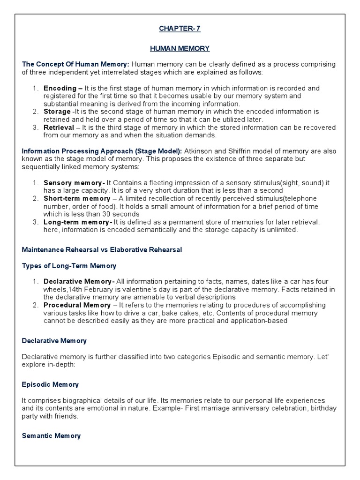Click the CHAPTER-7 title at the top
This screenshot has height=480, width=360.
(180, 29)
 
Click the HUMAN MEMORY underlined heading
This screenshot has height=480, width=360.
(180, 48)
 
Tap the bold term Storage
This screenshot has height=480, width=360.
(57, 112)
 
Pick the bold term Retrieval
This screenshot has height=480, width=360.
(59, 127)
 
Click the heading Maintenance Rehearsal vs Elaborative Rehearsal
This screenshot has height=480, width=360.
(102, 250)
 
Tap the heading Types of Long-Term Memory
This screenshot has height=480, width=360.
(69, 266)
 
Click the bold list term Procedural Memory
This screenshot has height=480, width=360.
(77, 305)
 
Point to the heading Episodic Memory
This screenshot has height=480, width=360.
(50, 384)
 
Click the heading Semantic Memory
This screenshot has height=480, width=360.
(51, 436)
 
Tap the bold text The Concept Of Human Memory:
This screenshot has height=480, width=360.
(75, 64)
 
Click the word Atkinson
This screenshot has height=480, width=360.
(200, 151)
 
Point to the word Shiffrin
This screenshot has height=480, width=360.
(241, 151)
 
